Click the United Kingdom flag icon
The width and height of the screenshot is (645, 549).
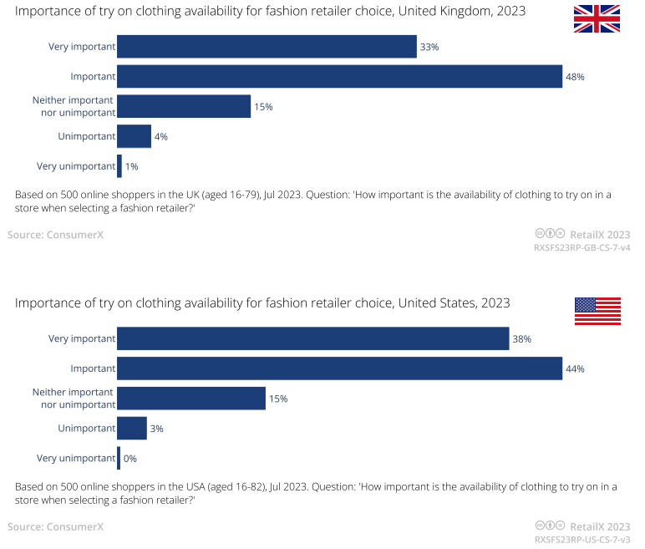point(597,18)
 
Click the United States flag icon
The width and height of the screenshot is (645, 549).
point(597,311)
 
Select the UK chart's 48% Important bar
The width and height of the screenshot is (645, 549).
point(339,76)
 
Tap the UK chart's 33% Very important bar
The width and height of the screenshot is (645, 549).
point(267,47)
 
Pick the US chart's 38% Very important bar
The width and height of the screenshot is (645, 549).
point(312,338)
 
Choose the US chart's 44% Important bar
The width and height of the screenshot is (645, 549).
point(339,369)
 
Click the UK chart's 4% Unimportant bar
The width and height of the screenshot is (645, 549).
point(134,136)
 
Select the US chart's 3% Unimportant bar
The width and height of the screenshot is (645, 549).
point(132,429)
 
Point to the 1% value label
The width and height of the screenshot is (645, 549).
point(131,167)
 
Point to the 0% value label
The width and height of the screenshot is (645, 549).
point(130,459)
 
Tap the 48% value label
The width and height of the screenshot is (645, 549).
point(574,77)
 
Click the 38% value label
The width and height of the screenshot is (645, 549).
point(522,339)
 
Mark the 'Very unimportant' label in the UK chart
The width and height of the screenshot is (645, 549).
point(76,166)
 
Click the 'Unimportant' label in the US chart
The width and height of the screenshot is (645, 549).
point(86,428)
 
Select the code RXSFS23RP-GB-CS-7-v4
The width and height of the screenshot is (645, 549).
point(582,248)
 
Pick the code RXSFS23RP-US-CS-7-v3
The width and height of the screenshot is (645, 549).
point(582,541)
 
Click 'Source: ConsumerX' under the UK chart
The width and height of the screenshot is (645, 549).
point(55,235)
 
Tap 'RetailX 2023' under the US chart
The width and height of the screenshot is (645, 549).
point(600,526)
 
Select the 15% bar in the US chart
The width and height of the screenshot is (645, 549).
point(191,399)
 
